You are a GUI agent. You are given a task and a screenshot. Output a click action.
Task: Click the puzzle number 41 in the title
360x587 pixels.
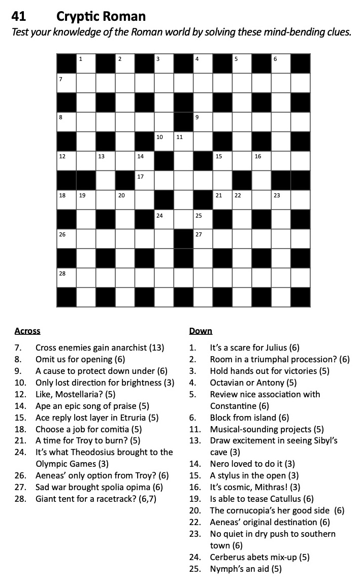(x=18, y=16)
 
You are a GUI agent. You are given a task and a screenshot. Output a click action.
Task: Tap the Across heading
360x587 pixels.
(x=27, y=331)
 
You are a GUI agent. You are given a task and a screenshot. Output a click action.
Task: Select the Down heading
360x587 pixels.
(x=201, y=331)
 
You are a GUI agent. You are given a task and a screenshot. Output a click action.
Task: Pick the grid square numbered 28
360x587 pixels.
(x=66, y=277)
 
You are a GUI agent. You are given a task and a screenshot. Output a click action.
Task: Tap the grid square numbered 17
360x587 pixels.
(x=144, y=180)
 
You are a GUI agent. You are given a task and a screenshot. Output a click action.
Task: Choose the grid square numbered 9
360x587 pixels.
(x=202, y=121)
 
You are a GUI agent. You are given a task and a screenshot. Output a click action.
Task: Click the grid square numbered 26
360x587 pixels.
(x=66, y=238)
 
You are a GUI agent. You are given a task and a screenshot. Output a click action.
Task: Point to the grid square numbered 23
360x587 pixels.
(x=280, y=199)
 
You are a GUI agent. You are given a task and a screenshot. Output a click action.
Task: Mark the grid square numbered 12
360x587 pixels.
(x=66, y=160)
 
